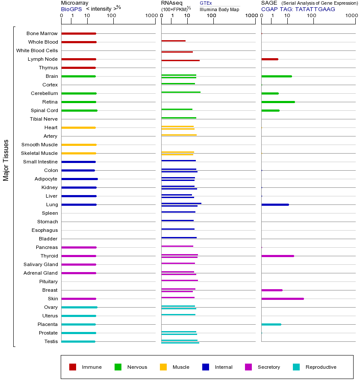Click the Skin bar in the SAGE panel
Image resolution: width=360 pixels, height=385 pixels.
282,299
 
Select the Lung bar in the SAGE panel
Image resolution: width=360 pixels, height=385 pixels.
275,204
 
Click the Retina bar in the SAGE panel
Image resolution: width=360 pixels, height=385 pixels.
278,102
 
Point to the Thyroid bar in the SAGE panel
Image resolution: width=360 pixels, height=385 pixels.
277,256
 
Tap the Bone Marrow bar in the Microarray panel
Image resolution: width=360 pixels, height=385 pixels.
79,33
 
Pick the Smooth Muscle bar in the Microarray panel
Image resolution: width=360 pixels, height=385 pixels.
79,145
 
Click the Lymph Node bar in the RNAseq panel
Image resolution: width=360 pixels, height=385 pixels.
180,60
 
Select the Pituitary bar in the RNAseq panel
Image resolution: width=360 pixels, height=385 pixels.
180,280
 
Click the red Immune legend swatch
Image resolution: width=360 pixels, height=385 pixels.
73,367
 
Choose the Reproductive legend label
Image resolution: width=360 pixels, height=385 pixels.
321,367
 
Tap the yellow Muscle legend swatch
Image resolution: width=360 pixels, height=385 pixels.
163,367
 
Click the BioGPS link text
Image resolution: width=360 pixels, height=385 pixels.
71,9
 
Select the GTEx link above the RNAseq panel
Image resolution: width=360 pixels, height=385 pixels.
206,3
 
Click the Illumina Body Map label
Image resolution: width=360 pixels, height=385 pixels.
219,9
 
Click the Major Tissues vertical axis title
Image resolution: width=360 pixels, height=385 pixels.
6,160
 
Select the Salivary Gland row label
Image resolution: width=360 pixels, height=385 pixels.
41,264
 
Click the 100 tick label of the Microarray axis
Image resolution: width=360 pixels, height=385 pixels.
111,16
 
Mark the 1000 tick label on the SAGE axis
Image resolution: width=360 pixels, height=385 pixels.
351,16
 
